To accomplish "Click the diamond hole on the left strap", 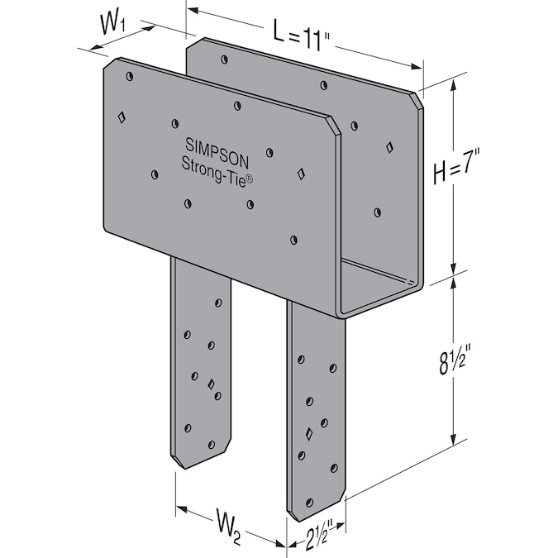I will click(212, 384).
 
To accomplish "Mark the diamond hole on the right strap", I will click(309, 433).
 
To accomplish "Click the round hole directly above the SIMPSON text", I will click(237, 105).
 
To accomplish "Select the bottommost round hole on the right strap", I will click(310, 503).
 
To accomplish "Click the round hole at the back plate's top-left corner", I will click(223, 59).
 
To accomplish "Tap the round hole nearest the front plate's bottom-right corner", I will click(293, 240).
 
